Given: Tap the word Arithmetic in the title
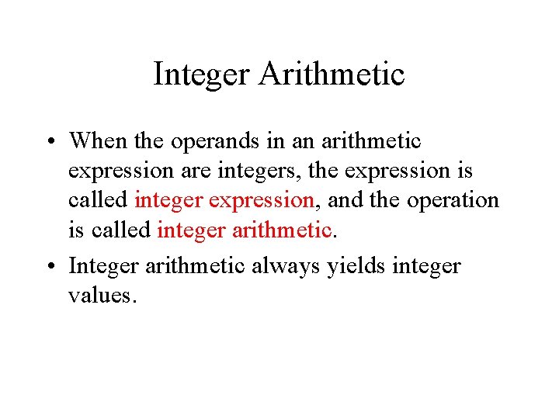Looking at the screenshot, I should point(332,74).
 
